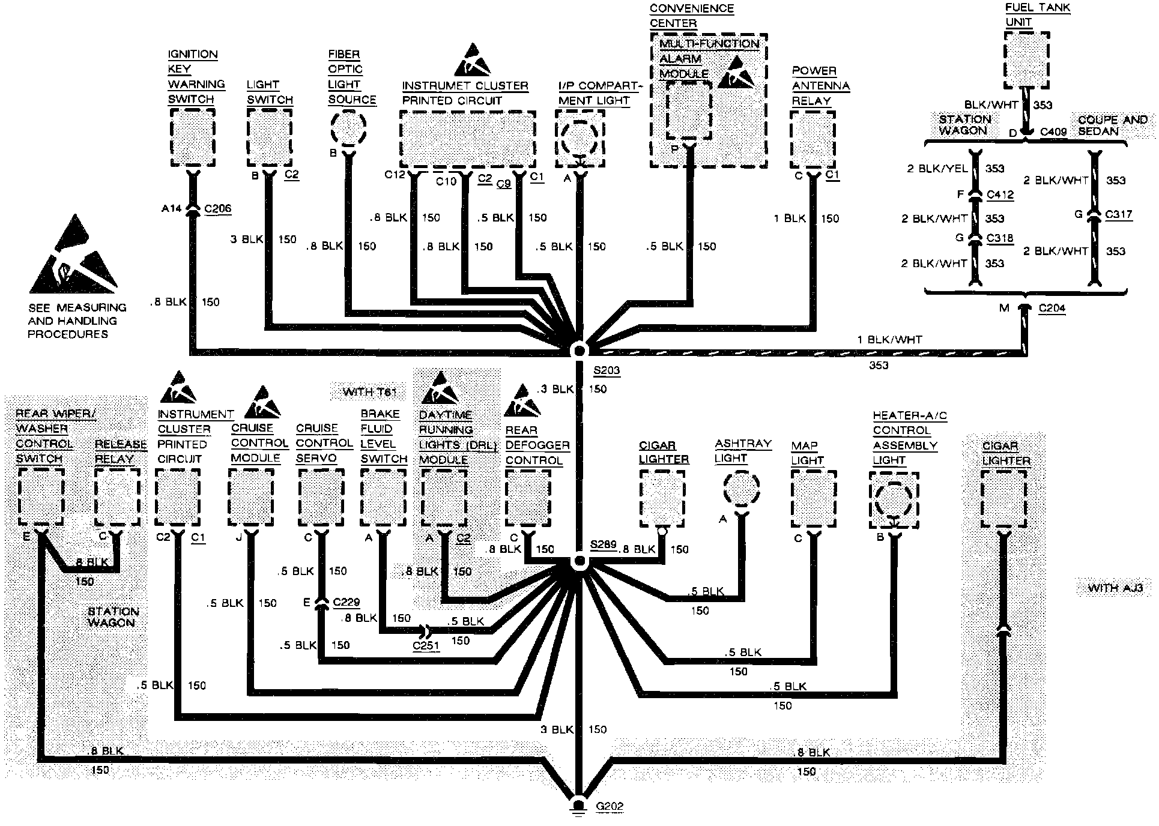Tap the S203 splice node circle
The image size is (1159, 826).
click(x=579, y=350)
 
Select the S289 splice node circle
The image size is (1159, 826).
click(x=579, y=562)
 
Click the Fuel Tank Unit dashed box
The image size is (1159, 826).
click(x=1027, y=60)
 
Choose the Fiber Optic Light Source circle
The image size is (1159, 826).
click(x=348, y=129)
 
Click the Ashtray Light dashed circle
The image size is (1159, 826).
click(x=742, y=488)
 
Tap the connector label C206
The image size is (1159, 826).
click(x=217, y=209)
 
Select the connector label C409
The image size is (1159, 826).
click(x=1053, y=131)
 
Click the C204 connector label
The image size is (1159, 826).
click(x=1052, y=308)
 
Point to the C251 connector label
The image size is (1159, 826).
click(x=426, y=647)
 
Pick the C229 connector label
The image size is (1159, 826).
click(x=346, y=602)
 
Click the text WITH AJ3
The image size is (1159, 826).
click(x=1115, y=588)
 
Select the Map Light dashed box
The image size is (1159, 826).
click(x=814, y=499)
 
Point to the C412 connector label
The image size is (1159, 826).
click(x=1000, y=194)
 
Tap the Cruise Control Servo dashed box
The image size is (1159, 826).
click(x=321, y=498)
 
